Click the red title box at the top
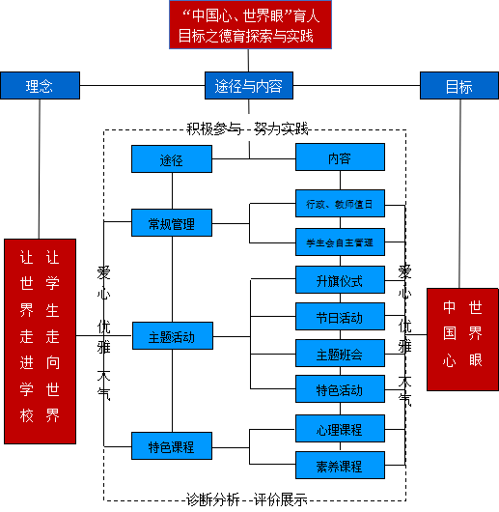coord(250,26)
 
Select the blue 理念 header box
coord(40,86)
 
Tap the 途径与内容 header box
coord(249,86)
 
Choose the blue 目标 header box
coord(458,86)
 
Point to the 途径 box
coord(172,159)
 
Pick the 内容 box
coord(340,157)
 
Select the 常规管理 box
coord(172,223)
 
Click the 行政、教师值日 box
coord(340,205)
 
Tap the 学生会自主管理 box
coord(340,242)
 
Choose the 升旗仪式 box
coord(340,280)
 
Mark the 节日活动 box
coord(340,317)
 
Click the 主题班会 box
coord(340,354)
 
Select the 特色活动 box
coord(340,389)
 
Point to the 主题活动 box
coord(172,337)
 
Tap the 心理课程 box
coord(340,428)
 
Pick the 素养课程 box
coord(340,466)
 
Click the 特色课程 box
coord(172,446)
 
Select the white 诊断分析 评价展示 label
coord(250,498)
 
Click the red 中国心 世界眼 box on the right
coord(462,338)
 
